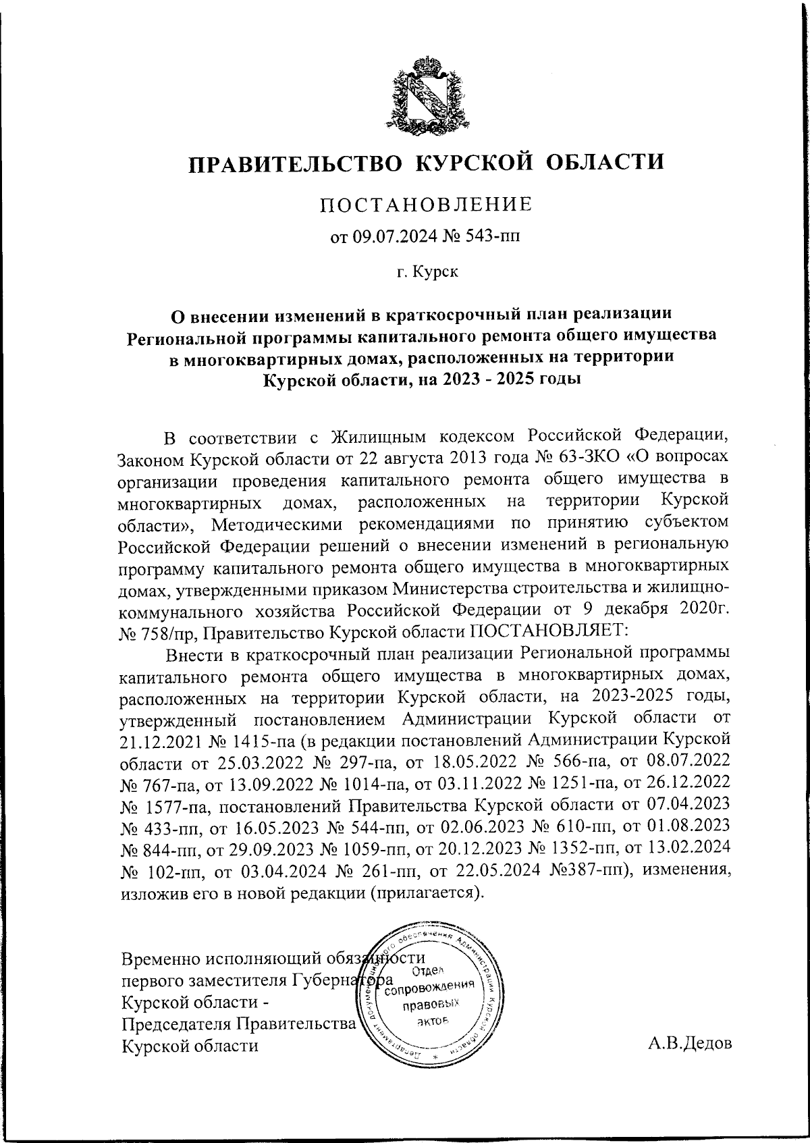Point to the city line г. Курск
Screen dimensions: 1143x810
coord(427,272)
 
